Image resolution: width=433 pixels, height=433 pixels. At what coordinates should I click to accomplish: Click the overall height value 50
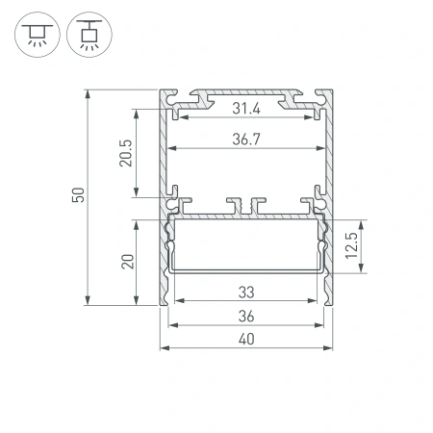pos(77,196)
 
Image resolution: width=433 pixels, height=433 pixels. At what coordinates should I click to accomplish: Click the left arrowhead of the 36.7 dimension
pos(171,149)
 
